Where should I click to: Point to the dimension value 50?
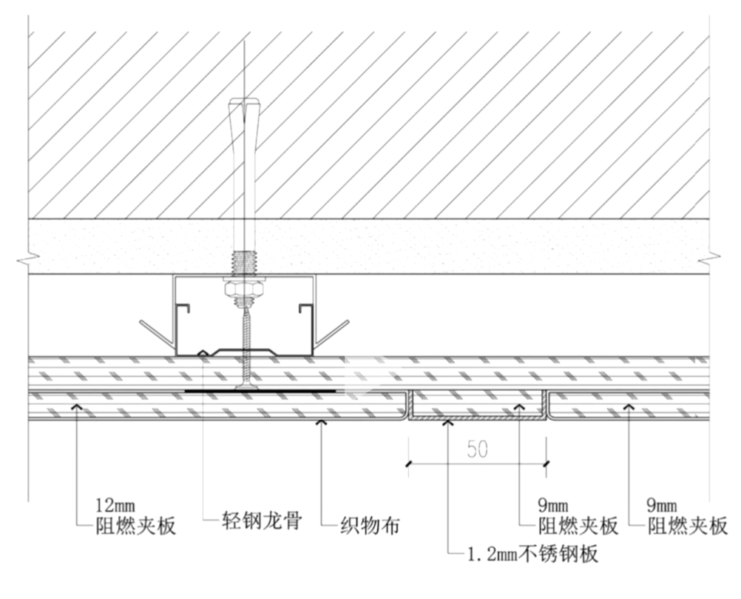tap(478, 449)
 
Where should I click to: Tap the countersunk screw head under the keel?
tap(245, 386)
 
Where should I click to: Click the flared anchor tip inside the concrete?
tap(243, 111)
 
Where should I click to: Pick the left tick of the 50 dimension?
tap(407, 464)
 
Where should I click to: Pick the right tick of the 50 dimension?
tap(546, 464)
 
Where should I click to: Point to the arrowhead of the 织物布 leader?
tap(320, 424)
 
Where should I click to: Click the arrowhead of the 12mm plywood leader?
tap(75, 406)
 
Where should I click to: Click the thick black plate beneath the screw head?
tap(296, 390)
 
